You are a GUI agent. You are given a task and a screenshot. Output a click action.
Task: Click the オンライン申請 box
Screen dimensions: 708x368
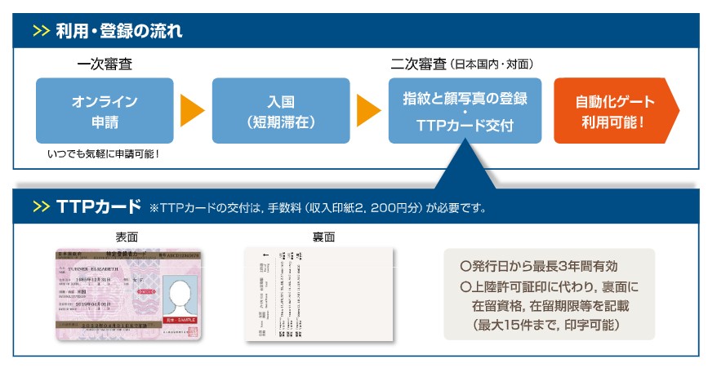105,111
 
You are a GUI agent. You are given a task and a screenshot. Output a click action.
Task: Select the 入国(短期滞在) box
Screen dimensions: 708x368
280,111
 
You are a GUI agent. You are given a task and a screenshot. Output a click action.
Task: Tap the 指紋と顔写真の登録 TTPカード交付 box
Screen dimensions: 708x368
465,111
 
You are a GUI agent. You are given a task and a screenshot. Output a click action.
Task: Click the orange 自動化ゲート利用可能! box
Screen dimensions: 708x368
612,111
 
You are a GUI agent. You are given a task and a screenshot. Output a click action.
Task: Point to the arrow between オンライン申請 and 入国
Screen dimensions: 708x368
192,111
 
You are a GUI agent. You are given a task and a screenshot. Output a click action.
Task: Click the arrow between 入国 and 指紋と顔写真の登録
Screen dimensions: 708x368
368,111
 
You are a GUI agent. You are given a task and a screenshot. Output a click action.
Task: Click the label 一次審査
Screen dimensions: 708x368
105,64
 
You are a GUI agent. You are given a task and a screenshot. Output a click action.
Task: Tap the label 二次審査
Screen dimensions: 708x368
418,64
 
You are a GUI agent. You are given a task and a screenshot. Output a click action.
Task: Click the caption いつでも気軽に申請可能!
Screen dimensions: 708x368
104,153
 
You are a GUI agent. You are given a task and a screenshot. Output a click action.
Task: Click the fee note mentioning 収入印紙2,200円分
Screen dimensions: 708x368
318,208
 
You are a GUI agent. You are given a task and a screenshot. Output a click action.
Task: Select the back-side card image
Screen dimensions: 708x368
318,295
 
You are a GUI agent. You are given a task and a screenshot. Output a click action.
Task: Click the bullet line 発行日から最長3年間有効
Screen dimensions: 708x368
543,266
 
